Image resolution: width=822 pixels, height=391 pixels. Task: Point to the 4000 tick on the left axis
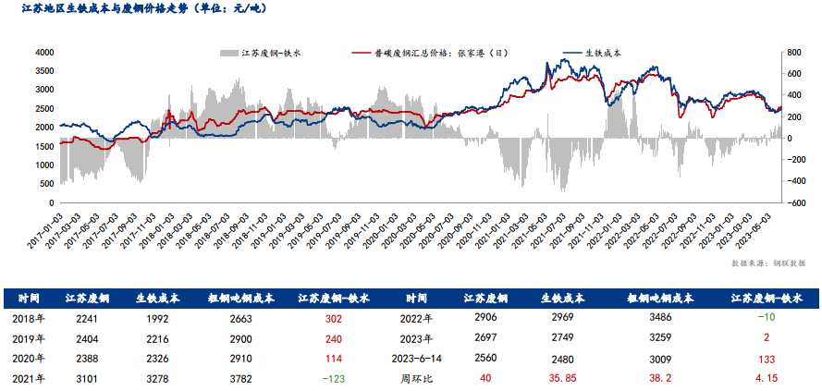coord(43,53)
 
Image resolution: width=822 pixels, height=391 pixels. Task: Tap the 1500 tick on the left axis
coord(43,145)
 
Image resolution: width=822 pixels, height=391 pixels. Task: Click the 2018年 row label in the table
coord(30,318)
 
